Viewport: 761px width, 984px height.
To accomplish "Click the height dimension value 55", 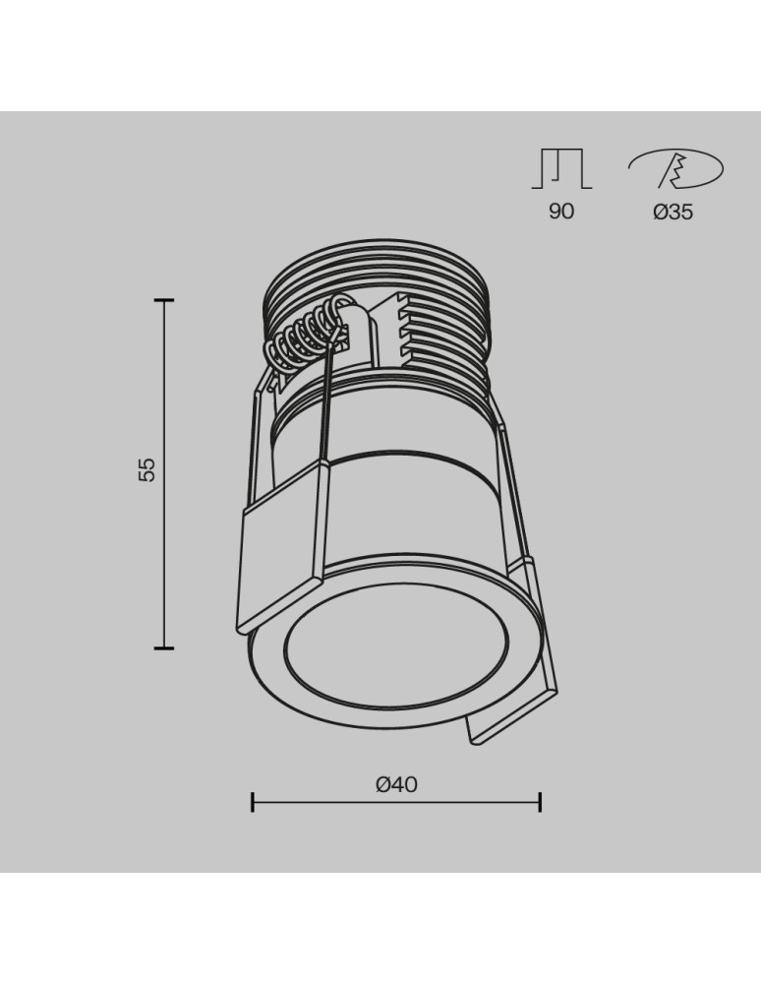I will coord(146,469).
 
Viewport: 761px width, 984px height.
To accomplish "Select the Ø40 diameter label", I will coord(396,784).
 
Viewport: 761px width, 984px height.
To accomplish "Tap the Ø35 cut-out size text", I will coord(673,212).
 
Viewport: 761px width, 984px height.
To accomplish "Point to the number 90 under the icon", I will coord(561,212).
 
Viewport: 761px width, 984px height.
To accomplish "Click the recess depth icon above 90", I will coord(561,168).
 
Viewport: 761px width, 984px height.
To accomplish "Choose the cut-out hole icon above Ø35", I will coord(675,169).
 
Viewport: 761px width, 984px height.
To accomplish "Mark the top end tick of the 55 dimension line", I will coord(164,299).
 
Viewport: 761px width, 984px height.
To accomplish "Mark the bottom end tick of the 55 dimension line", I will coord(164,647).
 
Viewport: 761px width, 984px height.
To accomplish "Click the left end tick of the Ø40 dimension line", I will coord(253,802).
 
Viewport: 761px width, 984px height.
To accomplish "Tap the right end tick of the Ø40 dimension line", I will coord(540,802).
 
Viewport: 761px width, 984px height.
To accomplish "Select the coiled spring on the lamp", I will coord(305,339).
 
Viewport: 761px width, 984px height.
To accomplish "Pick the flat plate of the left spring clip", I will coord(279,556).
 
